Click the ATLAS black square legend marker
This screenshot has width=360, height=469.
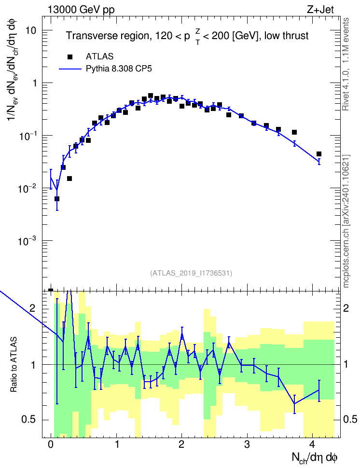(x=69, y=57)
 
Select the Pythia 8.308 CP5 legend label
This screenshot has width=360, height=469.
(x=119, y=69)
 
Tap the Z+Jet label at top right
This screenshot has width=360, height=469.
(x=320, y=10)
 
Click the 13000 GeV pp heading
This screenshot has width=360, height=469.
(x=81, y=10)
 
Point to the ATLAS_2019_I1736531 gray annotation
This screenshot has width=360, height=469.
(x=191, y=273)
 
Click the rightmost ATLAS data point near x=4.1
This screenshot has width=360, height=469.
(x=319, y=154)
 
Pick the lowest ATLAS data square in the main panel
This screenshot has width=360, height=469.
(x=57, y=199)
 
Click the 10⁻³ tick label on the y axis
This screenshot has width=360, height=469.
(x=27, y=240)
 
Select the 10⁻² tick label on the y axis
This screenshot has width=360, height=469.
(x=27, y=188)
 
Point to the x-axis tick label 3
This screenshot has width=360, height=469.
(x=247, y=444)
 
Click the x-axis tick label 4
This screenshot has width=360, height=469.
(x=312, y=444)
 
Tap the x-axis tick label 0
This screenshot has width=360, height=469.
(x=51, y=444)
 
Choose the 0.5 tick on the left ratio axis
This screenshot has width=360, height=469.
(x=29, y=420)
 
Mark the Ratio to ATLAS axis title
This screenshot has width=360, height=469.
(x=14, y=365)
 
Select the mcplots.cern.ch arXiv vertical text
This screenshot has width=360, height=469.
(x=346, y=221)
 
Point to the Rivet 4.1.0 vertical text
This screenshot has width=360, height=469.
(x=346, y=64)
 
